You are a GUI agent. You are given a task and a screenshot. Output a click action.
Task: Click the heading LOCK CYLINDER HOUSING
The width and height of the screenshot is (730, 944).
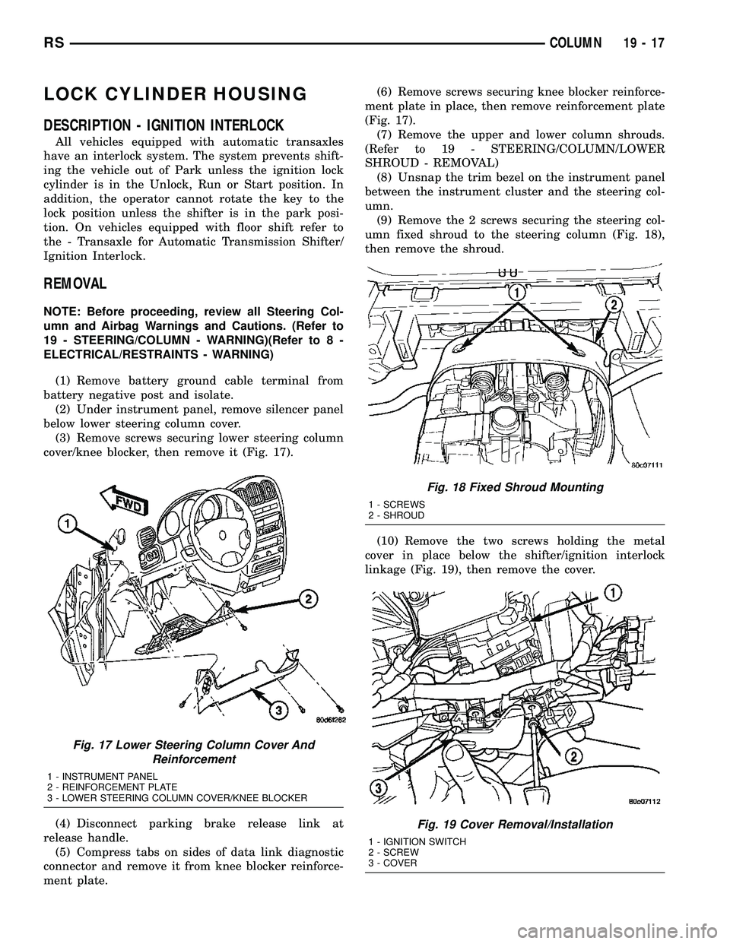click(x=176, y=94)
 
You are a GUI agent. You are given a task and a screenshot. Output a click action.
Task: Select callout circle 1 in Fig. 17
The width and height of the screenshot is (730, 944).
click(x=65, y=524)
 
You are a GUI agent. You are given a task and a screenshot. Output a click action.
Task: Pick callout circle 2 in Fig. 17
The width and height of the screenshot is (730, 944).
click(x=308, y=599)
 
